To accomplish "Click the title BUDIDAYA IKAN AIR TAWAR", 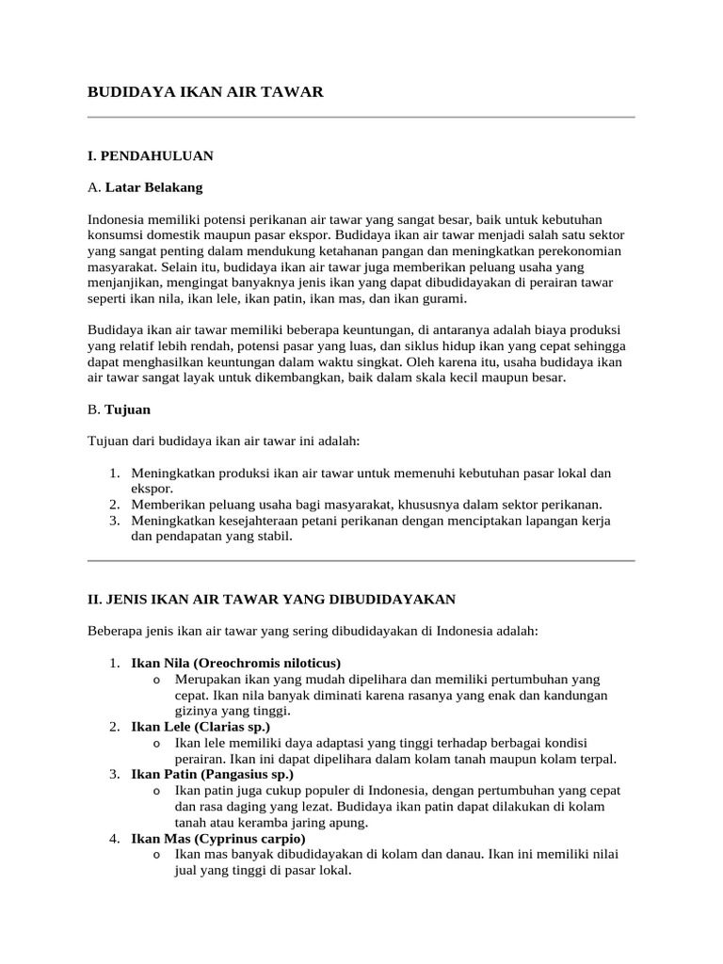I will tap(205, 91).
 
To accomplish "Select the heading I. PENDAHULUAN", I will tap(151, 155).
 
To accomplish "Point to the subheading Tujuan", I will tap(127, 410).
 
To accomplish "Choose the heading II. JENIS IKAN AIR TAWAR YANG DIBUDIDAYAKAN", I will tap(272, 599).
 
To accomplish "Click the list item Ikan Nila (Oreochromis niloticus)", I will tap(235, 663).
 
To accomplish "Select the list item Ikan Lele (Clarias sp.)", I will tap(200, 727).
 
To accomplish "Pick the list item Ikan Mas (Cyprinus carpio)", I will tap(218, 838).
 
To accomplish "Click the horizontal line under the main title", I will tap(361, 118).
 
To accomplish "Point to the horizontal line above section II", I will tap(361, 560).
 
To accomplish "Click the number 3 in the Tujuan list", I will tap(114, 520).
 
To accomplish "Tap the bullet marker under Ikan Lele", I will tap(155, 743).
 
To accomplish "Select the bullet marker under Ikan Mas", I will tap(155, 854).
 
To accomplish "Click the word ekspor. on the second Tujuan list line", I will tap(152, 489).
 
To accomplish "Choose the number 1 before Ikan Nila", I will tap(114, 663).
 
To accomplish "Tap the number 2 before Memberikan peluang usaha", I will tap(114, 504).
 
